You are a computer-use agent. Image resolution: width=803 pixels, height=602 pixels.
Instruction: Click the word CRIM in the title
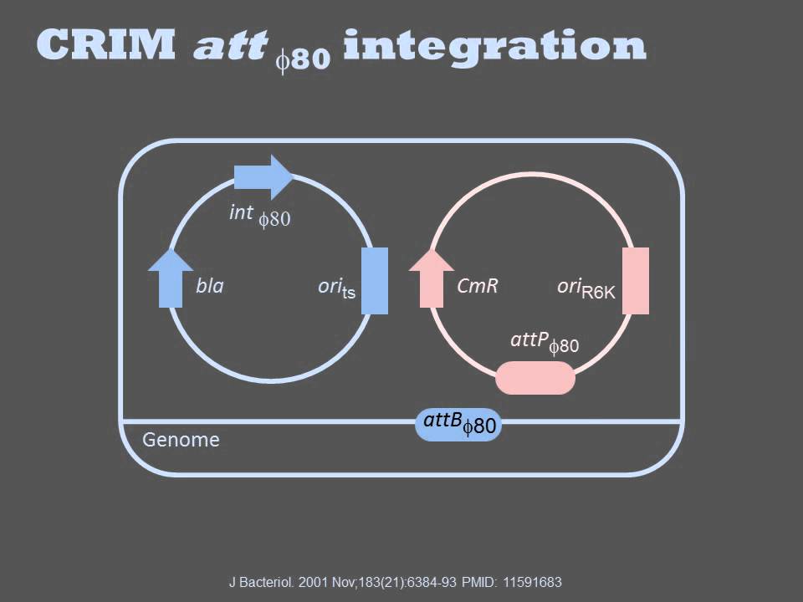point(106,44)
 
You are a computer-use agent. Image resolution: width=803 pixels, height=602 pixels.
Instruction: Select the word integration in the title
point(494,47)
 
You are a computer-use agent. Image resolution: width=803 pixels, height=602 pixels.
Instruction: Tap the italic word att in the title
point(231,45)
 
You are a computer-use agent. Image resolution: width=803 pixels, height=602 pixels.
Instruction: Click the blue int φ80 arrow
point(263,176)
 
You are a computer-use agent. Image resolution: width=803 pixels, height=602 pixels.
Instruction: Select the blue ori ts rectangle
point(375,281)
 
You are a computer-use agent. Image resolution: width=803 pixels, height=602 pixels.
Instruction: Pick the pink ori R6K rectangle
point(636,281)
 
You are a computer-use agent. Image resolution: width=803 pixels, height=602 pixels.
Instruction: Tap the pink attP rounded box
point(535,378)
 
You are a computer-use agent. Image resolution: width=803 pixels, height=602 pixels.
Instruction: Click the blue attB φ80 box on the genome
point(458,424)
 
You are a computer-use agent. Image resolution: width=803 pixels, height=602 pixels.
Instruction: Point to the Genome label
point(181,440)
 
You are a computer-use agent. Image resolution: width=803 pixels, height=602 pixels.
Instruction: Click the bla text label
point(209,285)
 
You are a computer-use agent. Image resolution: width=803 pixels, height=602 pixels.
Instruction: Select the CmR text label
point(478,285)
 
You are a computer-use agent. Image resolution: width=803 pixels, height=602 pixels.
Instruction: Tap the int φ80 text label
point(260,215)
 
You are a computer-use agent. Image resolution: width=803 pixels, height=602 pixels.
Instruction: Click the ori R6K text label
point(586,288)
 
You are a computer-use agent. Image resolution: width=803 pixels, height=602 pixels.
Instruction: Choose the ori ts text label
point(336,288)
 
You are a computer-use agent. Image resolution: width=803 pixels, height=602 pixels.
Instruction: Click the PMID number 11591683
point(532,582)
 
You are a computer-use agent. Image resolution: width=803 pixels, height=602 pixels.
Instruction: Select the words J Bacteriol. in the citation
point(261,582)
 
